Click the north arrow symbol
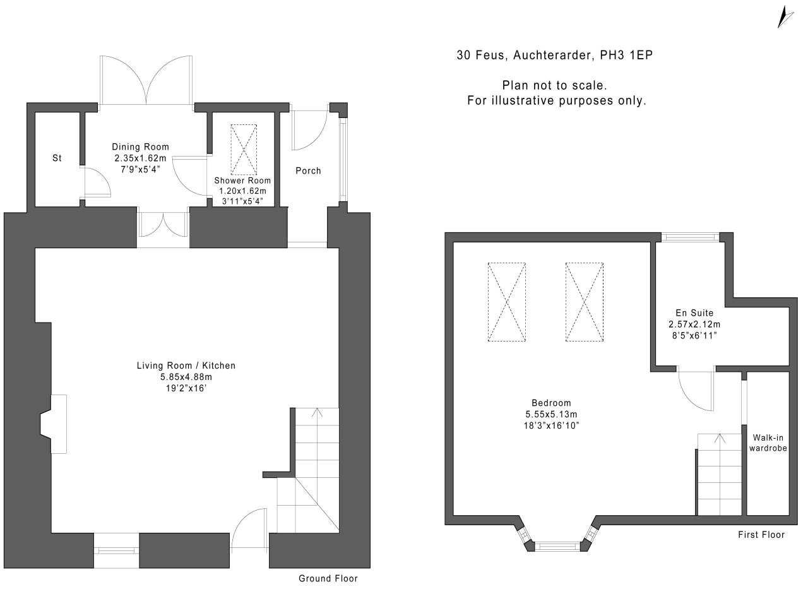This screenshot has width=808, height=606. point(785,16)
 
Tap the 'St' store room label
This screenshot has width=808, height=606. point(57,158)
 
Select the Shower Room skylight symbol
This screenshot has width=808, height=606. point(244,150)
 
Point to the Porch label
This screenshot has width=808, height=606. point(308,170)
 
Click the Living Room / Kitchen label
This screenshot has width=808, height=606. point(186,365)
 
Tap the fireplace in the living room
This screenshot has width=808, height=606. point(54,424)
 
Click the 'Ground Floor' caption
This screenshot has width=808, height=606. point(328,578)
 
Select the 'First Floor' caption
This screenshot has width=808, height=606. point(761,535)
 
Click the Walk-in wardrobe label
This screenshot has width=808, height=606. point(768,443)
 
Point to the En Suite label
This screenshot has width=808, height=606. point(694,312)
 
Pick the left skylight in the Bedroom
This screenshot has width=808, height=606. point(506,302)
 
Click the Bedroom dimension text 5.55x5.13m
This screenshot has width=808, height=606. point(551,414)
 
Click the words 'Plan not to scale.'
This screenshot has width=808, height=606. point(554,85)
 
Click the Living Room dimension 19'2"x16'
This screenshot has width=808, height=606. point(186,388)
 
